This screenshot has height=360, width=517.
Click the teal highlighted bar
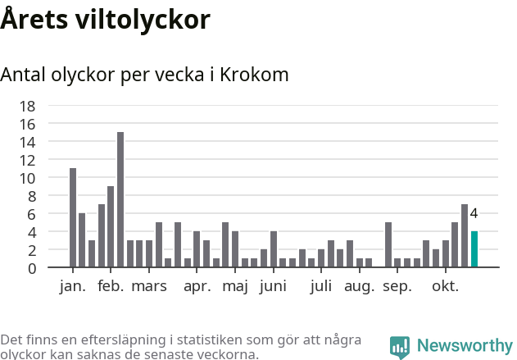[x=474, y=249]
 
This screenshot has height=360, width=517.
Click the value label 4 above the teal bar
[x=474, y=214]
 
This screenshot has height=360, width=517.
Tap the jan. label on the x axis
[x=73, y=286]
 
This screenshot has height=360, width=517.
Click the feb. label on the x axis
[x=111, y=286]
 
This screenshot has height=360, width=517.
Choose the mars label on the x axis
[x=149, y=286]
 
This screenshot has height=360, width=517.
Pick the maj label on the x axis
[x=235, y=286]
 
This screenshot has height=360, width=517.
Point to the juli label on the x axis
[x=321, y=286]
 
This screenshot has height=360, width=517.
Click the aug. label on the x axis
[x=360, y=286]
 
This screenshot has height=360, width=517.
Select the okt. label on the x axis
[x=446, y=286]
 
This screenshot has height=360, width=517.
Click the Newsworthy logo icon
[x=400, y=347]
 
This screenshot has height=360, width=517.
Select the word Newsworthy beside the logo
[x=465, y=346]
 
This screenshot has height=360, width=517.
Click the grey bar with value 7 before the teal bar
[x=465, y=236]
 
